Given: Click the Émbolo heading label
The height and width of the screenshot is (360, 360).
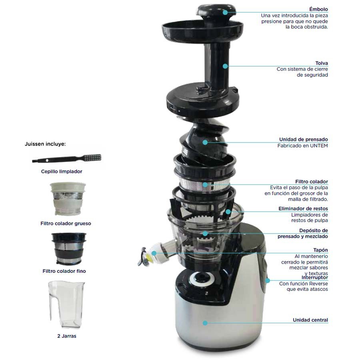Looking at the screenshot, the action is pos(318,9).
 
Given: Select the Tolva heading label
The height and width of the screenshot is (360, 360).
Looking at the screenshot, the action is pos(322,63).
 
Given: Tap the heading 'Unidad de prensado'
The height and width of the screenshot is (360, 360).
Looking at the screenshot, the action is pos(304,139).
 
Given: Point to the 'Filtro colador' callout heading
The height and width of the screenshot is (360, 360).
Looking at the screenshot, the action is pos(312,182).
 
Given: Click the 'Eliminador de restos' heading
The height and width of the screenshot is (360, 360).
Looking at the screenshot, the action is pos(303,209).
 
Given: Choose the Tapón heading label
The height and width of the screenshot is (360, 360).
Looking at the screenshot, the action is pos(320,250).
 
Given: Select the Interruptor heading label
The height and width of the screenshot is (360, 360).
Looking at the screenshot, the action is pos(315,277).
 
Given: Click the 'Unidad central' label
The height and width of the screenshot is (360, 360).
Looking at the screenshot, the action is pos(310,320).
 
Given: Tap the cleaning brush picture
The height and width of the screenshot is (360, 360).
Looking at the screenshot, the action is pos(67,158).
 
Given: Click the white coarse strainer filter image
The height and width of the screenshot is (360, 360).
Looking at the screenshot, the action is pos(68,198).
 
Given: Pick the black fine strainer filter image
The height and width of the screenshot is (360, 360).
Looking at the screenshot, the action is pos(69,248).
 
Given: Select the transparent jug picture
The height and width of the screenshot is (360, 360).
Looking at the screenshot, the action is pos(66,304).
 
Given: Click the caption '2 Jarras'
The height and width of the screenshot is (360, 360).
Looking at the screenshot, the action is pos(67,336).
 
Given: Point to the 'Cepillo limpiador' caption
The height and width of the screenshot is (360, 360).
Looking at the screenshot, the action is pos(62,172).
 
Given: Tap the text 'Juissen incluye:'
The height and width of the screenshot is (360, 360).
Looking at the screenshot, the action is pos(45,144).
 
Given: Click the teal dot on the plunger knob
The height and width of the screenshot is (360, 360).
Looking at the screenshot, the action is pos(225,12).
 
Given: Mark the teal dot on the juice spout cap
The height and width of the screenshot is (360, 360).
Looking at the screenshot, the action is pos(154,253).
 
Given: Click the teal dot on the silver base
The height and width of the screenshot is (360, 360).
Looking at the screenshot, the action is pos(205,323).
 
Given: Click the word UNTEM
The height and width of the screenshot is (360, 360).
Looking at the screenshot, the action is pos(319,146).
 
